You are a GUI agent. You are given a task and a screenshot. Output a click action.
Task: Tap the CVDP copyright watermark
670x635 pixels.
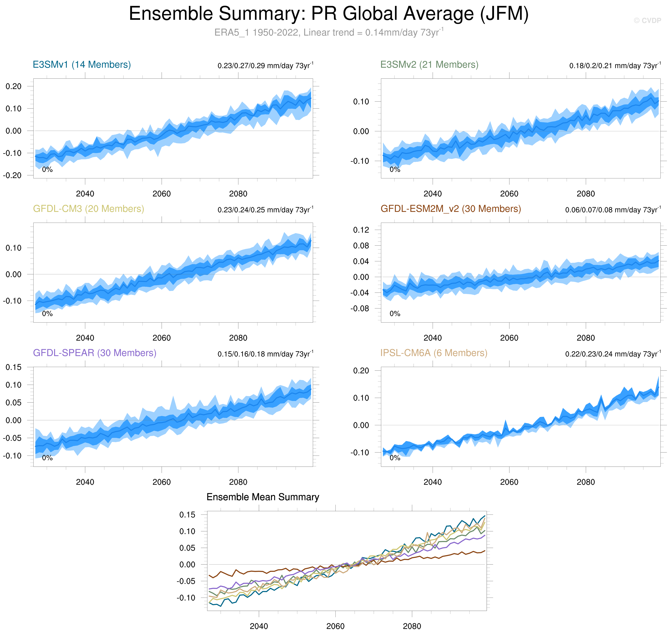[647, 21]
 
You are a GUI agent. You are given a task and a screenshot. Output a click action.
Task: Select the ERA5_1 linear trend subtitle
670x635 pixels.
[329, 32]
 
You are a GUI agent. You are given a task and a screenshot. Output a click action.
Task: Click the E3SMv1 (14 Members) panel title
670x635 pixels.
[82, 64]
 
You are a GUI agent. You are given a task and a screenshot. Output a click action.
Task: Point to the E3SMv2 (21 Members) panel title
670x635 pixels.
[429, 64]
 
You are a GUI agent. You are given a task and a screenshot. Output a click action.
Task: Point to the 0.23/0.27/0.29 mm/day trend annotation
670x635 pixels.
[265, 65]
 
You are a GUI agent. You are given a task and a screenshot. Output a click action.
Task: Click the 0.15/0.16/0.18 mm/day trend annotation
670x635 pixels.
[265, 354]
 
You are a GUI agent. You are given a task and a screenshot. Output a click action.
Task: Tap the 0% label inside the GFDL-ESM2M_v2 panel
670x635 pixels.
[395, 314]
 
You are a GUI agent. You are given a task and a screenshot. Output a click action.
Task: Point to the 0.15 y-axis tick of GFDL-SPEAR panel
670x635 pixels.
[14, 367]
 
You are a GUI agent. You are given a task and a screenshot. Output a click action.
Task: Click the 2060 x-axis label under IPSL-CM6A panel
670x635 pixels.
[509, 482]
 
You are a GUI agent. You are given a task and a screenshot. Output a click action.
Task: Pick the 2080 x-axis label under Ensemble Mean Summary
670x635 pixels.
[412, 626]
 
